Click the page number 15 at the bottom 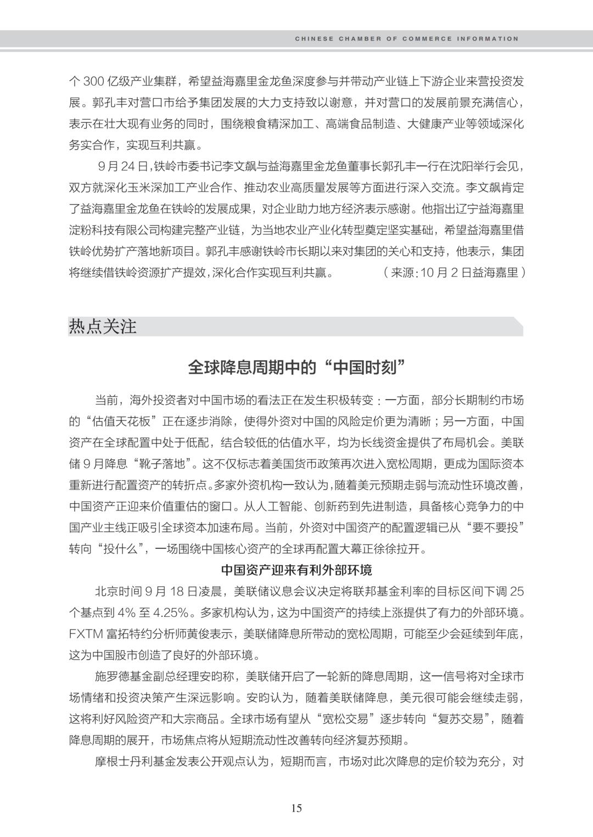click(x=296, y=808)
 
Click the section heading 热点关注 click(x=103, y=327)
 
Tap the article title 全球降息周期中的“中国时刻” click(x=296, y=367)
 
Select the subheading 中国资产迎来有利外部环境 click(x=296, y=570)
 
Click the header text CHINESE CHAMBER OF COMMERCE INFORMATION click(x=406, y=39)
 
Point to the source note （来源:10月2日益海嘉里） click(x=454, y=272)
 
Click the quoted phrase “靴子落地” click(x=161, y=464)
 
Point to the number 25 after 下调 click(x=517, y=592)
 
